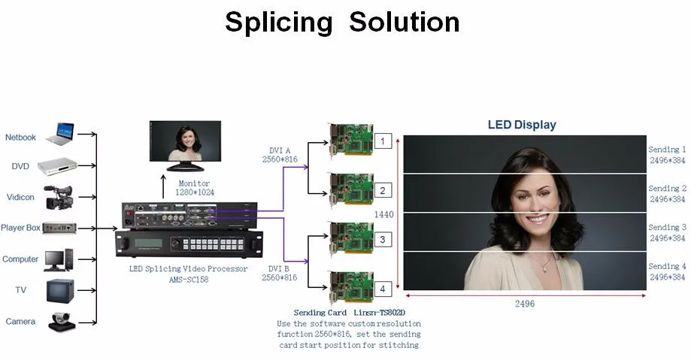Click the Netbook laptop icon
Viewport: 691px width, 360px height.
59,135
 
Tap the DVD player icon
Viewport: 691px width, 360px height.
58,166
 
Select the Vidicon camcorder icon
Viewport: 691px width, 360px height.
58,197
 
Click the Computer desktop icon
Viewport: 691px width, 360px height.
59,259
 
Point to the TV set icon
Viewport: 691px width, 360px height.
58,289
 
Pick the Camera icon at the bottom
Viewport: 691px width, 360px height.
61,321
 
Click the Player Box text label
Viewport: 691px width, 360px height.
20,228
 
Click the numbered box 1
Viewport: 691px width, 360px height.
382,141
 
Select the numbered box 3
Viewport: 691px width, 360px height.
382,239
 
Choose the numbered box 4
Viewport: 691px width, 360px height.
382,288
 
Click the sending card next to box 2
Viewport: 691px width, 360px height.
350,190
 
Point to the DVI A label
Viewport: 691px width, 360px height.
282,150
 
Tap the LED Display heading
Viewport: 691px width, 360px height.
522,125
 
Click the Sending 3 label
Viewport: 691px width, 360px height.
667,227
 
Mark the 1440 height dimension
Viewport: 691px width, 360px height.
384,214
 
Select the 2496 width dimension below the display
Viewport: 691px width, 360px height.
524,304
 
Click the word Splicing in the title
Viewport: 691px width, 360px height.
278,23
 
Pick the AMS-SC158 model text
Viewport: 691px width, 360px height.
188,280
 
